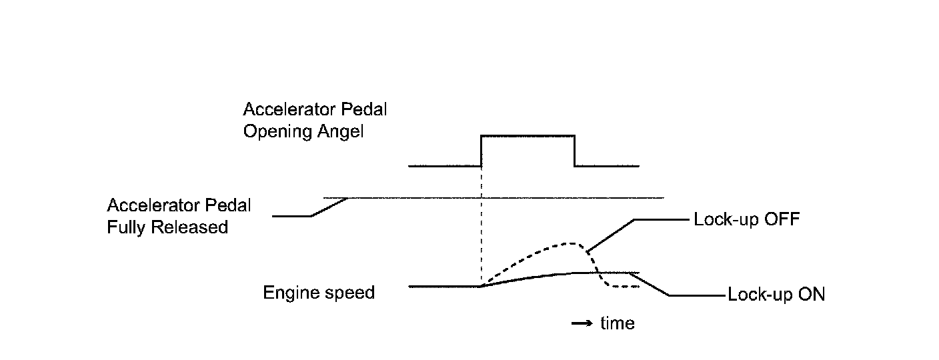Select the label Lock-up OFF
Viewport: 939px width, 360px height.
tap(746, 219)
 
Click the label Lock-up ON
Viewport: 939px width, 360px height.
tap(776, 295)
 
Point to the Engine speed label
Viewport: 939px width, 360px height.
tap(319, 292)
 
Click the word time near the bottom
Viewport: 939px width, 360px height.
tap(618, 323)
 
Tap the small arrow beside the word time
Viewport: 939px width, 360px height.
tap(582, 324)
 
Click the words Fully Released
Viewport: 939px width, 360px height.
tap(167, 227)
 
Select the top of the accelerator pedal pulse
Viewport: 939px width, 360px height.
tap(528, 135)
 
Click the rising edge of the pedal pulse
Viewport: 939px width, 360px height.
tap(482, 151)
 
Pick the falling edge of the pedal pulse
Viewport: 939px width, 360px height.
tap(575, 151)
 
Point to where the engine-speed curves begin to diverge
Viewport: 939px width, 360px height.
tap(482, 285)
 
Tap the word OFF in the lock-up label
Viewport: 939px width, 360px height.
tap(783, 219)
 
